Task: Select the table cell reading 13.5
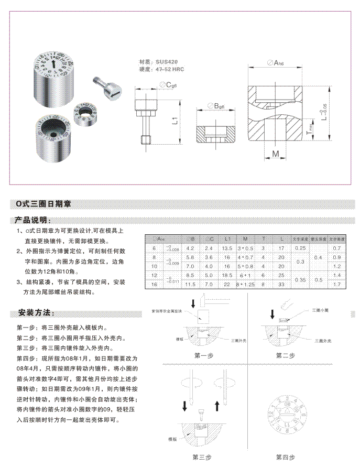point(226,248)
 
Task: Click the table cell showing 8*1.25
point(244,285)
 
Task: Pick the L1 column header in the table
point(226,239)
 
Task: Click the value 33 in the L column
point(281,285)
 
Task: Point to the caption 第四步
point(286,457)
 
